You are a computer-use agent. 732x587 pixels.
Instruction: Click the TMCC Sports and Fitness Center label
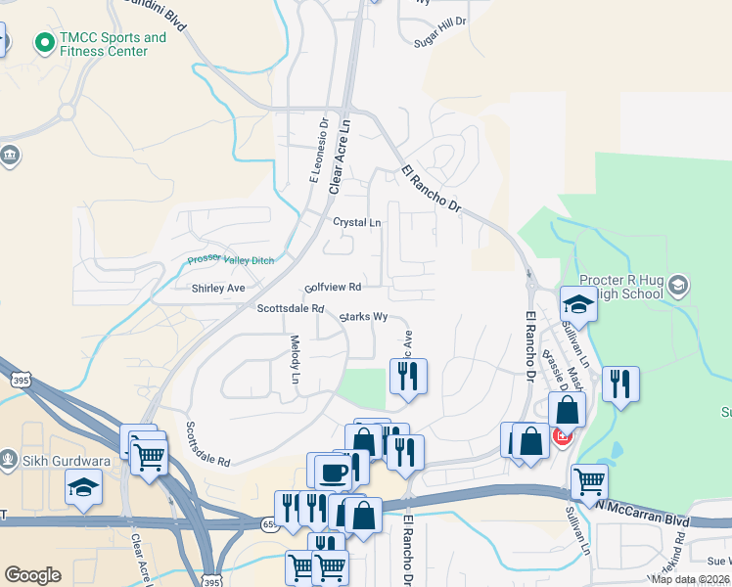[113, 45]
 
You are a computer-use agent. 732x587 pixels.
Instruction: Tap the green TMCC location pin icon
[43, 43]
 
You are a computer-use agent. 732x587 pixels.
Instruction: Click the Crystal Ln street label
[356, 222]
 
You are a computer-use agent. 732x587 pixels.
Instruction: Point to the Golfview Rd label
[333, 288]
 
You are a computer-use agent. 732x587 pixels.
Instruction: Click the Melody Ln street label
[295, 359]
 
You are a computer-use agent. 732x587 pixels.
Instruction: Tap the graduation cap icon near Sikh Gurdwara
[83, 486]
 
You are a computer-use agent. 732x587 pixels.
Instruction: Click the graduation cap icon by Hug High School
[578, 303]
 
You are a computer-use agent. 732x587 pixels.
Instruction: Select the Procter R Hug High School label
[637, 286]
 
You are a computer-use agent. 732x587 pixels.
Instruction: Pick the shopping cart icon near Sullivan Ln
[589, 480]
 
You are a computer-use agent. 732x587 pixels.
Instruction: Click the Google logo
[33, 575]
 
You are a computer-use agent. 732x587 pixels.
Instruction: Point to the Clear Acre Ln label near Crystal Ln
[341, 156]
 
